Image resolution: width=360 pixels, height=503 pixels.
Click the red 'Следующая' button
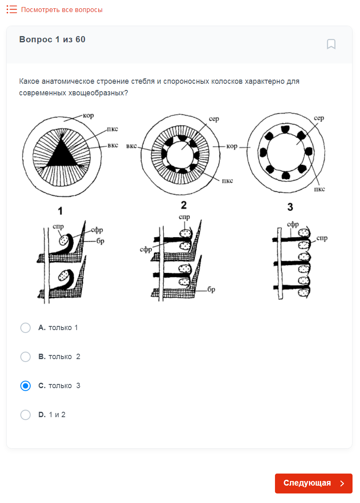pos(314,483)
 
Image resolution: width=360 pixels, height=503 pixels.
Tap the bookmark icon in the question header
pos(331,44)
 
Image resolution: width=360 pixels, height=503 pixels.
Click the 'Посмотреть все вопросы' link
pos(62,10)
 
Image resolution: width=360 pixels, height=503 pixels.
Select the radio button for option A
pos(25,328)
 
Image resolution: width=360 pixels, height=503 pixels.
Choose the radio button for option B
pos(25,357)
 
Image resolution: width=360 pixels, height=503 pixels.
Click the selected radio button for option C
pos(25,386)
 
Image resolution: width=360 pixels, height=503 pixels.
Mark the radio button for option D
pos(25,415)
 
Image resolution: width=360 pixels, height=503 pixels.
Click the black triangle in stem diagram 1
pos(61,155)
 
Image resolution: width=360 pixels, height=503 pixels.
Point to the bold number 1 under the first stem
pos(60,211)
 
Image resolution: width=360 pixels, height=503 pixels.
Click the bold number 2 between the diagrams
pos(184,205)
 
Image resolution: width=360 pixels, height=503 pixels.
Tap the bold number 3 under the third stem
pos(290,207)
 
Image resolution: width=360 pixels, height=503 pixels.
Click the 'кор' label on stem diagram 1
pos(88,116)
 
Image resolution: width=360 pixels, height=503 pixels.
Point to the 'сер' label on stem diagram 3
pos(319,118)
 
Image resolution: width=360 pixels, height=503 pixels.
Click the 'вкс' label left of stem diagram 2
pos(131,146)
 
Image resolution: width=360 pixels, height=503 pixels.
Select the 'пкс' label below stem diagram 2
pos(227,180)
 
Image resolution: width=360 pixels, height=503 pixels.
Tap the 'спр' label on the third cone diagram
pos(322,238)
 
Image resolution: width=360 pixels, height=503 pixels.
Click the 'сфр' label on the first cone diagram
pos(97,230)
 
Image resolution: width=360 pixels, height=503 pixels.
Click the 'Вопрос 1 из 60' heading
pos(52,39)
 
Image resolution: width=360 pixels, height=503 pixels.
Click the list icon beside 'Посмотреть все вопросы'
pos(12,10)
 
